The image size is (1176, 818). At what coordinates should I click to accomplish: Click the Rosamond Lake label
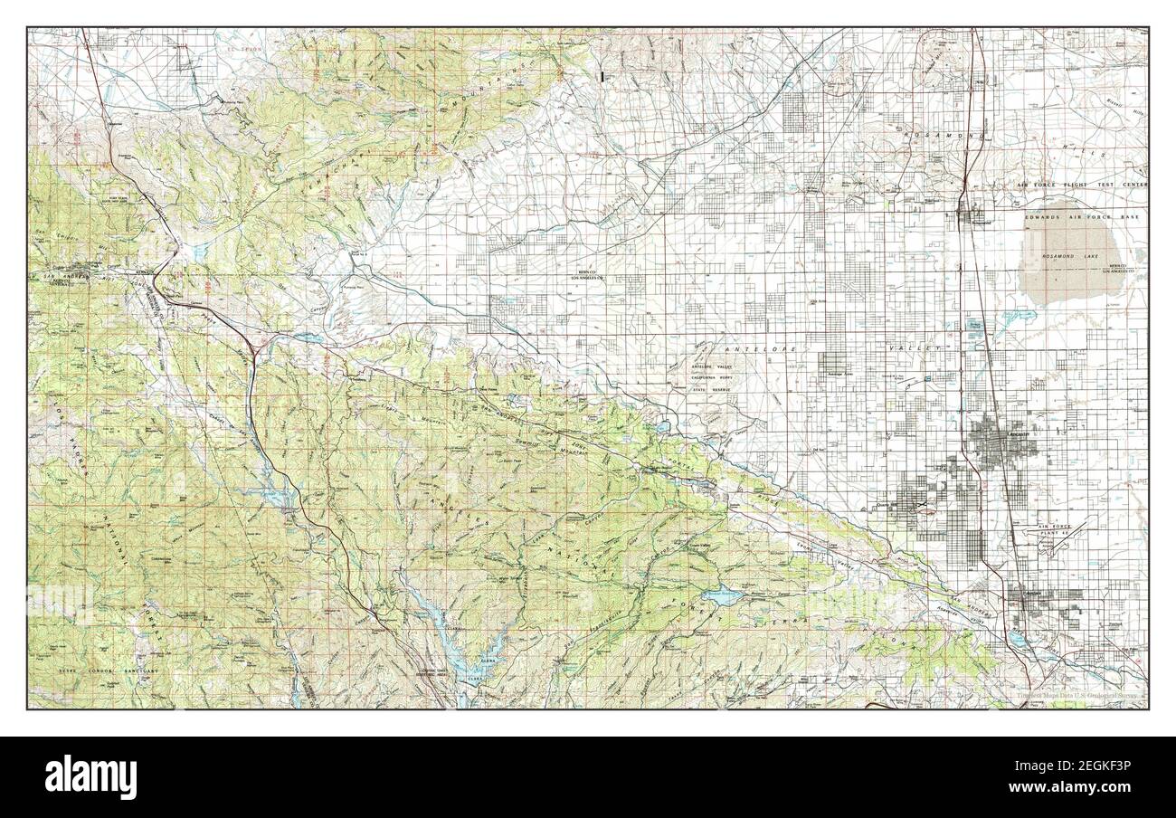(1086, 258)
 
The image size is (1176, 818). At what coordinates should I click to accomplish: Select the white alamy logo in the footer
(90, 777)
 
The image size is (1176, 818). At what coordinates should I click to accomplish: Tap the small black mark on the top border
(603, 77)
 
